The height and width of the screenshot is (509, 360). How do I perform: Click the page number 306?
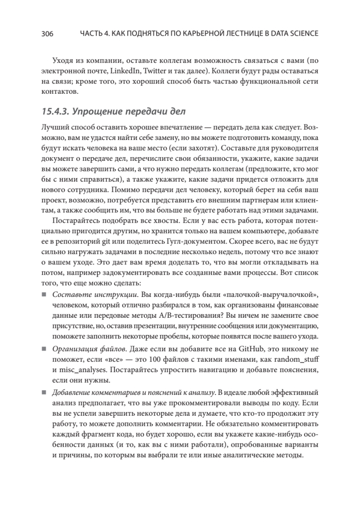(47, 34)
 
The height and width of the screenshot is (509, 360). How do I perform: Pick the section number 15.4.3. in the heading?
(54, 112)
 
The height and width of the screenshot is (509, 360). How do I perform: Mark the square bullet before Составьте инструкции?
(44, 295)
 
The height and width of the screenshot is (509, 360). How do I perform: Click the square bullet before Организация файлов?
(44, 350)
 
